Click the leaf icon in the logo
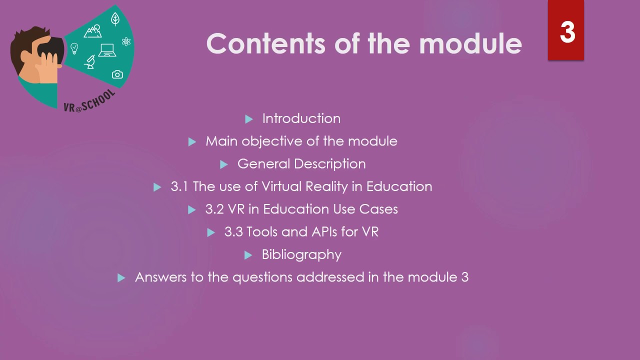point(115,19)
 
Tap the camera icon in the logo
point(117,74)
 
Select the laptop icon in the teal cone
point(107,50)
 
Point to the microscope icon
point(90,61)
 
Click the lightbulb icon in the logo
point(74,48)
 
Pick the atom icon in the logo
point(126,42)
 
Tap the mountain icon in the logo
point(92,32)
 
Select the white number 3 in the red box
point(567,32)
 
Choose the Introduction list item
point(301,118)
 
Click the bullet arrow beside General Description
point(224,164)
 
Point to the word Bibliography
point(301,254)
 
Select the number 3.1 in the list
point(179,186)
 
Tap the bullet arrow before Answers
point(121,278)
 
